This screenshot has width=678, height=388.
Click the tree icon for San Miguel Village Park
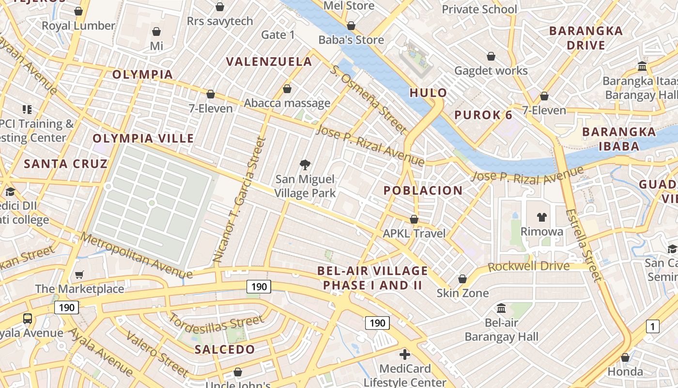click(305, 165)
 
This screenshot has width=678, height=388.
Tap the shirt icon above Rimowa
click(541, 217)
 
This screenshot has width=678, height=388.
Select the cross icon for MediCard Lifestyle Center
click(405, 355)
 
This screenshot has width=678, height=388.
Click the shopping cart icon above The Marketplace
click(79, 275)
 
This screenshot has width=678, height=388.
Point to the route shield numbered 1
click(652, 326)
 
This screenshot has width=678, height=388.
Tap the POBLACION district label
click(423, 190)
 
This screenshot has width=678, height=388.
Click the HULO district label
click(428, 93)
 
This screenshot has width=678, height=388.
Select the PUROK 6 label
click(483, 115)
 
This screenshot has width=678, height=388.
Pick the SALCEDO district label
click(225, 349)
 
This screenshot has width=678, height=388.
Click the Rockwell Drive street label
click(528, 267)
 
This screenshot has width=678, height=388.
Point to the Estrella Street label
click(584, 245)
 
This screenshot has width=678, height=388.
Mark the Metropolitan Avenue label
click(136, 257)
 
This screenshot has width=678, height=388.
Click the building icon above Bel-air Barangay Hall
click(501, 308)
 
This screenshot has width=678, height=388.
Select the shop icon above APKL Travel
click(414, 219)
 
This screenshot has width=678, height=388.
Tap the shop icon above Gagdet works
click(491, 56)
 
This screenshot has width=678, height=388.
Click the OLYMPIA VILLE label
click(143, 138)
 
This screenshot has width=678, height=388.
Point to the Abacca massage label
click(287, 103)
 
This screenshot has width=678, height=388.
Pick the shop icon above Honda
click(625, 357)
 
